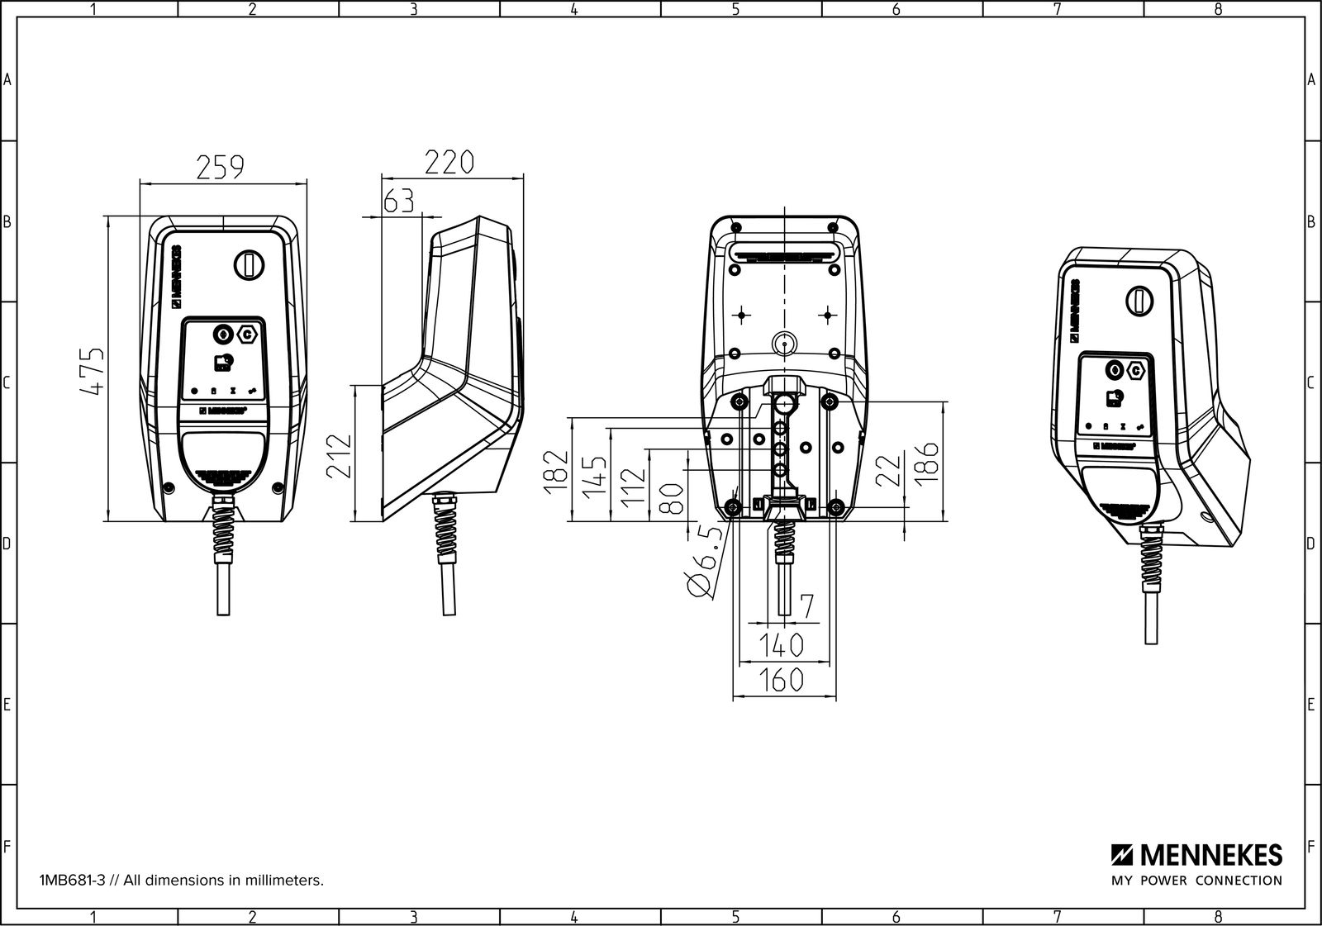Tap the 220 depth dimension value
click(449, 162)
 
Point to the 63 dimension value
click(398, 200)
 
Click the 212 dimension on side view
click(339, 456)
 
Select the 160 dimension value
click(781, 679)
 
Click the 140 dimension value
click(781, 643)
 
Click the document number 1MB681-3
click(71, 881)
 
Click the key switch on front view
click(247, 264)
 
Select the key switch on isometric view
click(1139, 300)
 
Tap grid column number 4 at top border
click(573, 9)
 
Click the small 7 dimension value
click(807, 607)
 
